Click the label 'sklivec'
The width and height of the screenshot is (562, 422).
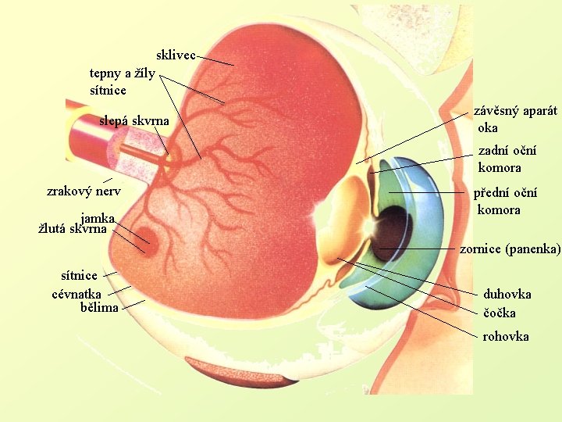click(176, 55)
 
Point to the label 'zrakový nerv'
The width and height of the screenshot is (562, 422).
click(84, 191)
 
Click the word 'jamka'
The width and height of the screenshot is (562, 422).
click(98, 218)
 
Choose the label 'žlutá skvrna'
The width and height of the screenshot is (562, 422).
click(73, 229)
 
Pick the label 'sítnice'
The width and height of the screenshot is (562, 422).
click(80, 275)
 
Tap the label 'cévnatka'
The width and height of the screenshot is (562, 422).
click(76, 294)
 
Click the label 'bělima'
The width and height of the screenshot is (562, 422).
click(100, 307)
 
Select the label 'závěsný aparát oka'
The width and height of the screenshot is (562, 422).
click(515, 119)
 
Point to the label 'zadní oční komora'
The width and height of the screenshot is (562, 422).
click(507, 159)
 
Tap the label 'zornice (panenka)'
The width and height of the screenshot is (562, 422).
click(510, 249)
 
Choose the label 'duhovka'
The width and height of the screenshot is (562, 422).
click(507, 294)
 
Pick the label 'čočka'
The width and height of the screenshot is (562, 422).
click(500, 313)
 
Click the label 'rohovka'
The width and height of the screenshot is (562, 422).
click(506, 336)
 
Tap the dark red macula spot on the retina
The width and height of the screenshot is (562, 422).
click(151, 245)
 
